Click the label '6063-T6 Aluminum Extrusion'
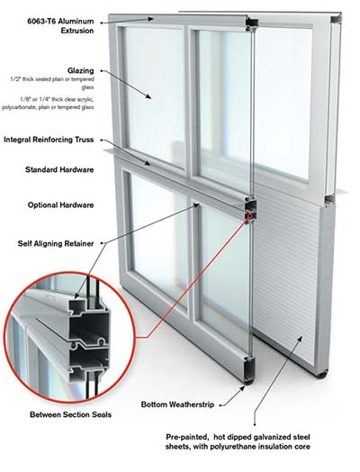pos(60,26)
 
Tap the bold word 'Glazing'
pos(81,71)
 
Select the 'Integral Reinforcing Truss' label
pos(49,140)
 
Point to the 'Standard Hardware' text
pos(59,169)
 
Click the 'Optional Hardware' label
pos(61,205)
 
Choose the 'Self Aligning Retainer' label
pos(56,243)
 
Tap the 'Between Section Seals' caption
pos(71,415)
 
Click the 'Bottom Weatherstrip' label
pos(177,404)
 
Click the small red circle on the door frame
pos(249,215)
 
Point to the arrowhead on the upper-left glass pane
pos(148,96)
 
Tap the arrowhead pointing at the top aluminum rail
pos(150,19)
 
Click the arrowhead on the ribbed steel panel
pos(300,339)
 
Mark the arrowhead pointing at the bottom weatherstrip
pos(242,388)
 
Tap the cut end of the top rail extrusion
pos(252,24)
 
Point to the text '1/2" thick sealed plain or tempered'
pos(52,79)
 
